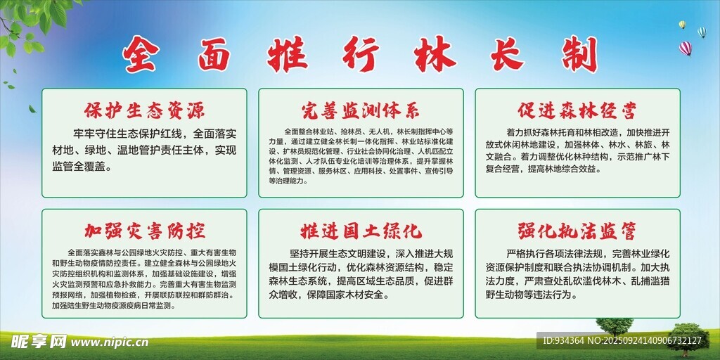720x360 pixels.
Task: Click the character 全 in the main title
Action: [141, 54]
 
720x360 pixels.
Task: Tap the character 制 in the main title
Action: [579, 54]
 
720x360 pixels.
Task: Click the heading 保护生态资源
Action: [145, 110]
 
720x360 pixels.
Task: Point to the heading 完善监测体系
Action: [361, 110]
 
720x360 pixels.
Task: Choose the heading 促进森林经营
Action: [577, 110]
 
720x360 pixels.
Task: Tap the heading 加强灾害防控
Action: [145, 231]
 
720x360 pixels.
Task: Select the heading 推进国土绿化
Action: [361, 231]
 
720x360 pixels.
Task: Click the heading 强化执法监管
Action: [577, 231]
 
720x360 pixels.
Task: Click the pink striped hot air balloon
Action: [685, 49]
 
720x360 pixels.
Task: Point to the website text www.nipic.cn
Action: [109, 342]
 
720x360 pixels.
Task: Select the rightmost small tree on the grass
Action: [687, 338]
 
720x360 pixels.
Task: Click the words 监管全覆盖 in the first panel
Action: [82, 167]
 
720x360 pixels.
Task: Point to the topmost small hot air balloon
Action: [682, 25]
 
